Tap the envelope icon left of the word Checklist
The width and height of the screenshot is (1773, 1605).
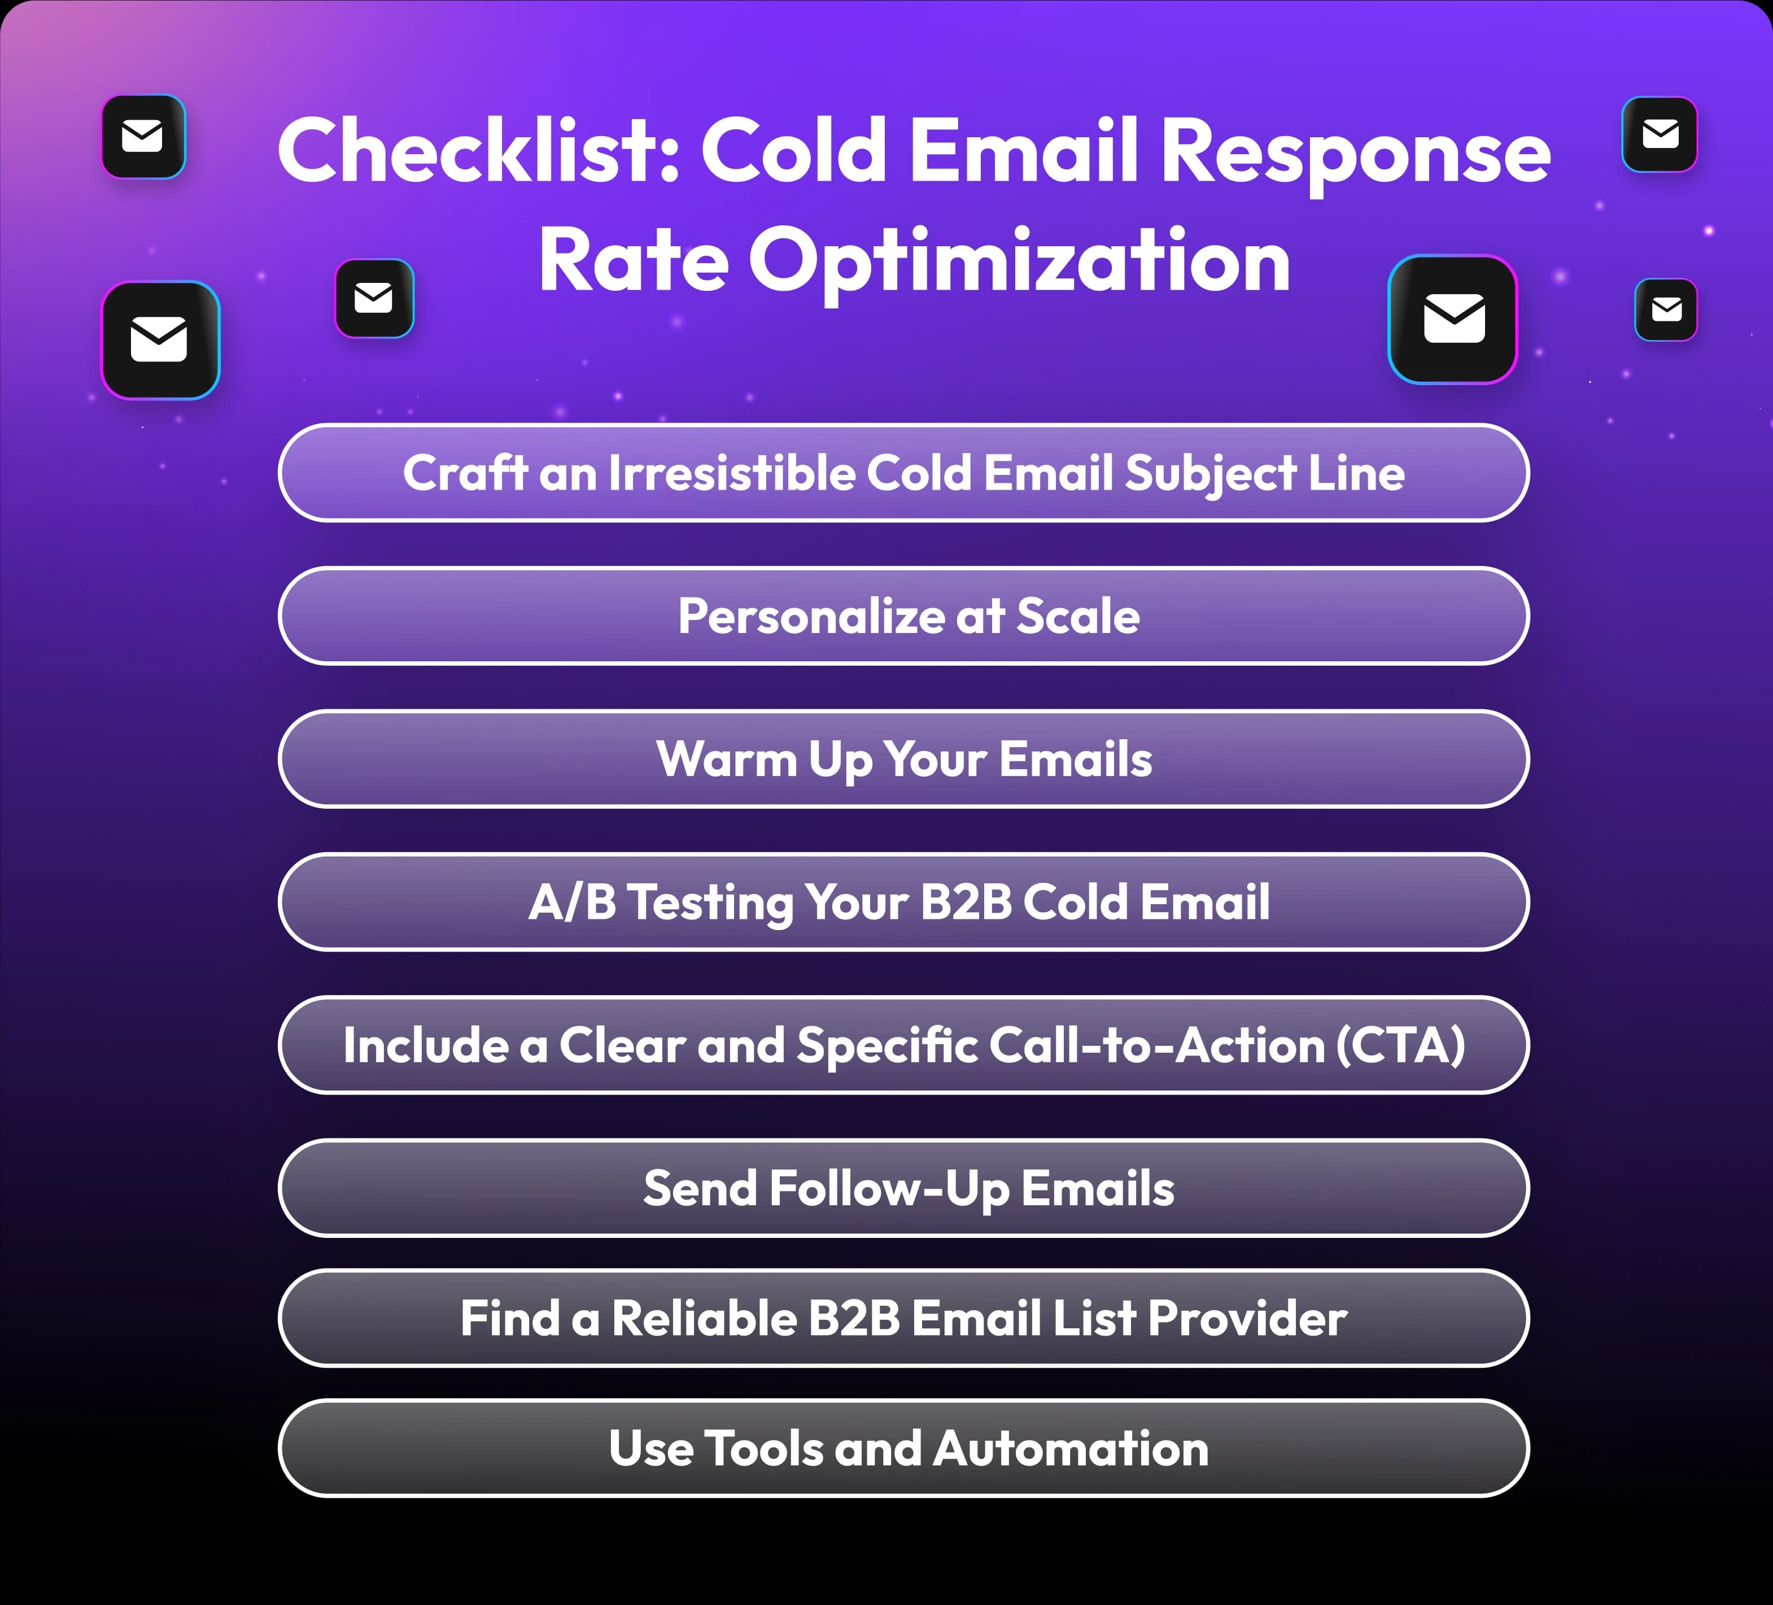point(143,136)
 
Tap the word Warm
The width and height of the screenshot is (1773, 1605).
point(727,759)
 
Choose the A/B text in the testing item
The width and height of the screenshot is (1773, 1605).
point(571,902)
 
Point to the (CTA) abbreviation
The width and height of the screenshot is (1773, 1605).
point(1400,1046)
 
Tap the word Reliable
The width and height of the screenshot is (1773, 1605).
point(704,1318)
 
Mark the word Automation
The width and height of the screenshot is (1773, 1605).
point(1071,1449)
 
